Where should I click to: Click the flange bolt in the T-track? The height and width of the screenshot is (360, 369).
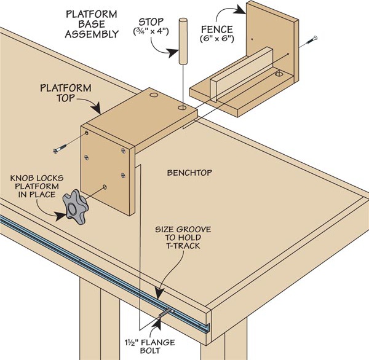point(165,315)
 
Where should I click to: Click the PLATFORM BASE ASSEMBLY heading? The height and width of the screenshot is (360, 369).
point(94,24)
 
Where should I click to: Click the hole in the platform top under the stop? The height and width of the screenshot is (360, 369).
point(182,108)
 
